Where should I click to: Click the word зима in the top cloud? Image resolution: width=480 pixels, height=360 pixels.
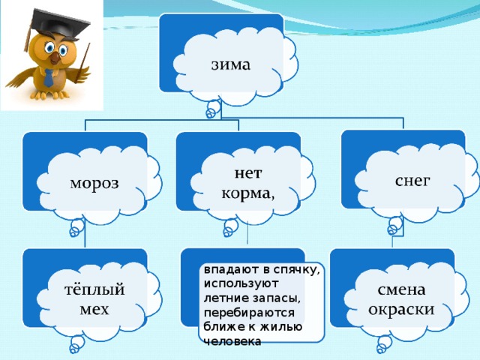click(x=231, y=64)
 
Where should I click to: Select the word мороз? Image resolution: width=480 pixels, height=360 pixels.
click(x=94, y=183)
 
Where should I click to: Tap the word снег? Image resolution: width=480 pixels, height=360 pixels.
click(x=412, y=181)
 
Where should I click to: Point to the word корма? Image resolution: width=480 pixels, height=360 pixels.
click(x=247, y=193)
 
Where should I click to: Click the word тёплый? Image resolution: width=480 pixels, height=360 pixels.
click(x=94, y=289)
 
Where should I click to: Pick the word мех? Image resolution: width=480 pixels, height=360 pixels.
click(x=94, y=309)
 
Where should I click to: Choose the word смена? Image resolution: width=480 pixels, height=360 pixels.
click(x=401, y=289)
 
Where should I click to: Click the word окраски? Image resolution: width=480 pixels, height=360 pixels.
click(x=401, y=310)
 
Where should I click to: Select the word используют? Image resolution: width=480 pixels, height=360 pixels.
click(x=241, y=283)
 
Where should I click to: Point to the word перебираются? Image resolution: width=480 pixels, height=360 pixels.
click(x=249, y=313)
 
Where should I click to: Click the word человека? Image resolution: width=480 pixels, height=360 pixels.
click(x=232, y=341)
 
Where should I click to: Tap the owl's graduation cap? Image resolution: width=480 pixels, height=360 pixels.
click(x=58, y=25)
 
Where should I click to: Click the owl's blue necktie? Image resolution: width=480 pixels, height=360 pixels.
click(x=48, y=78)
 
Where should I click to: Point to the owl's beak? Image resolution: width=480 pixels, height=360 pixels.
click(x=55, y=58)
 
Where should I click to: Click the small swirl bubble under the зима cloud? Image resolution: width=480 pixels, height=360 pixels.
click(x=212, y=109)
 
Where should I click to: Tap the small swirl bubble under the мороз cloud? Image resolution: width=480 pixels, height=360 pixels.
click(x=76, y=228)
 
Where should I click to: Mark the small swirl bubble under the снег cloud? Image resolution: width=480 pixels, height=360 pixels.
click(x=395, y=226)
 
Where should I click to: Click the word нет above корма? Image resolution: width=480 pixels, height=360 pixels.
click(x=248, y=173)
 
